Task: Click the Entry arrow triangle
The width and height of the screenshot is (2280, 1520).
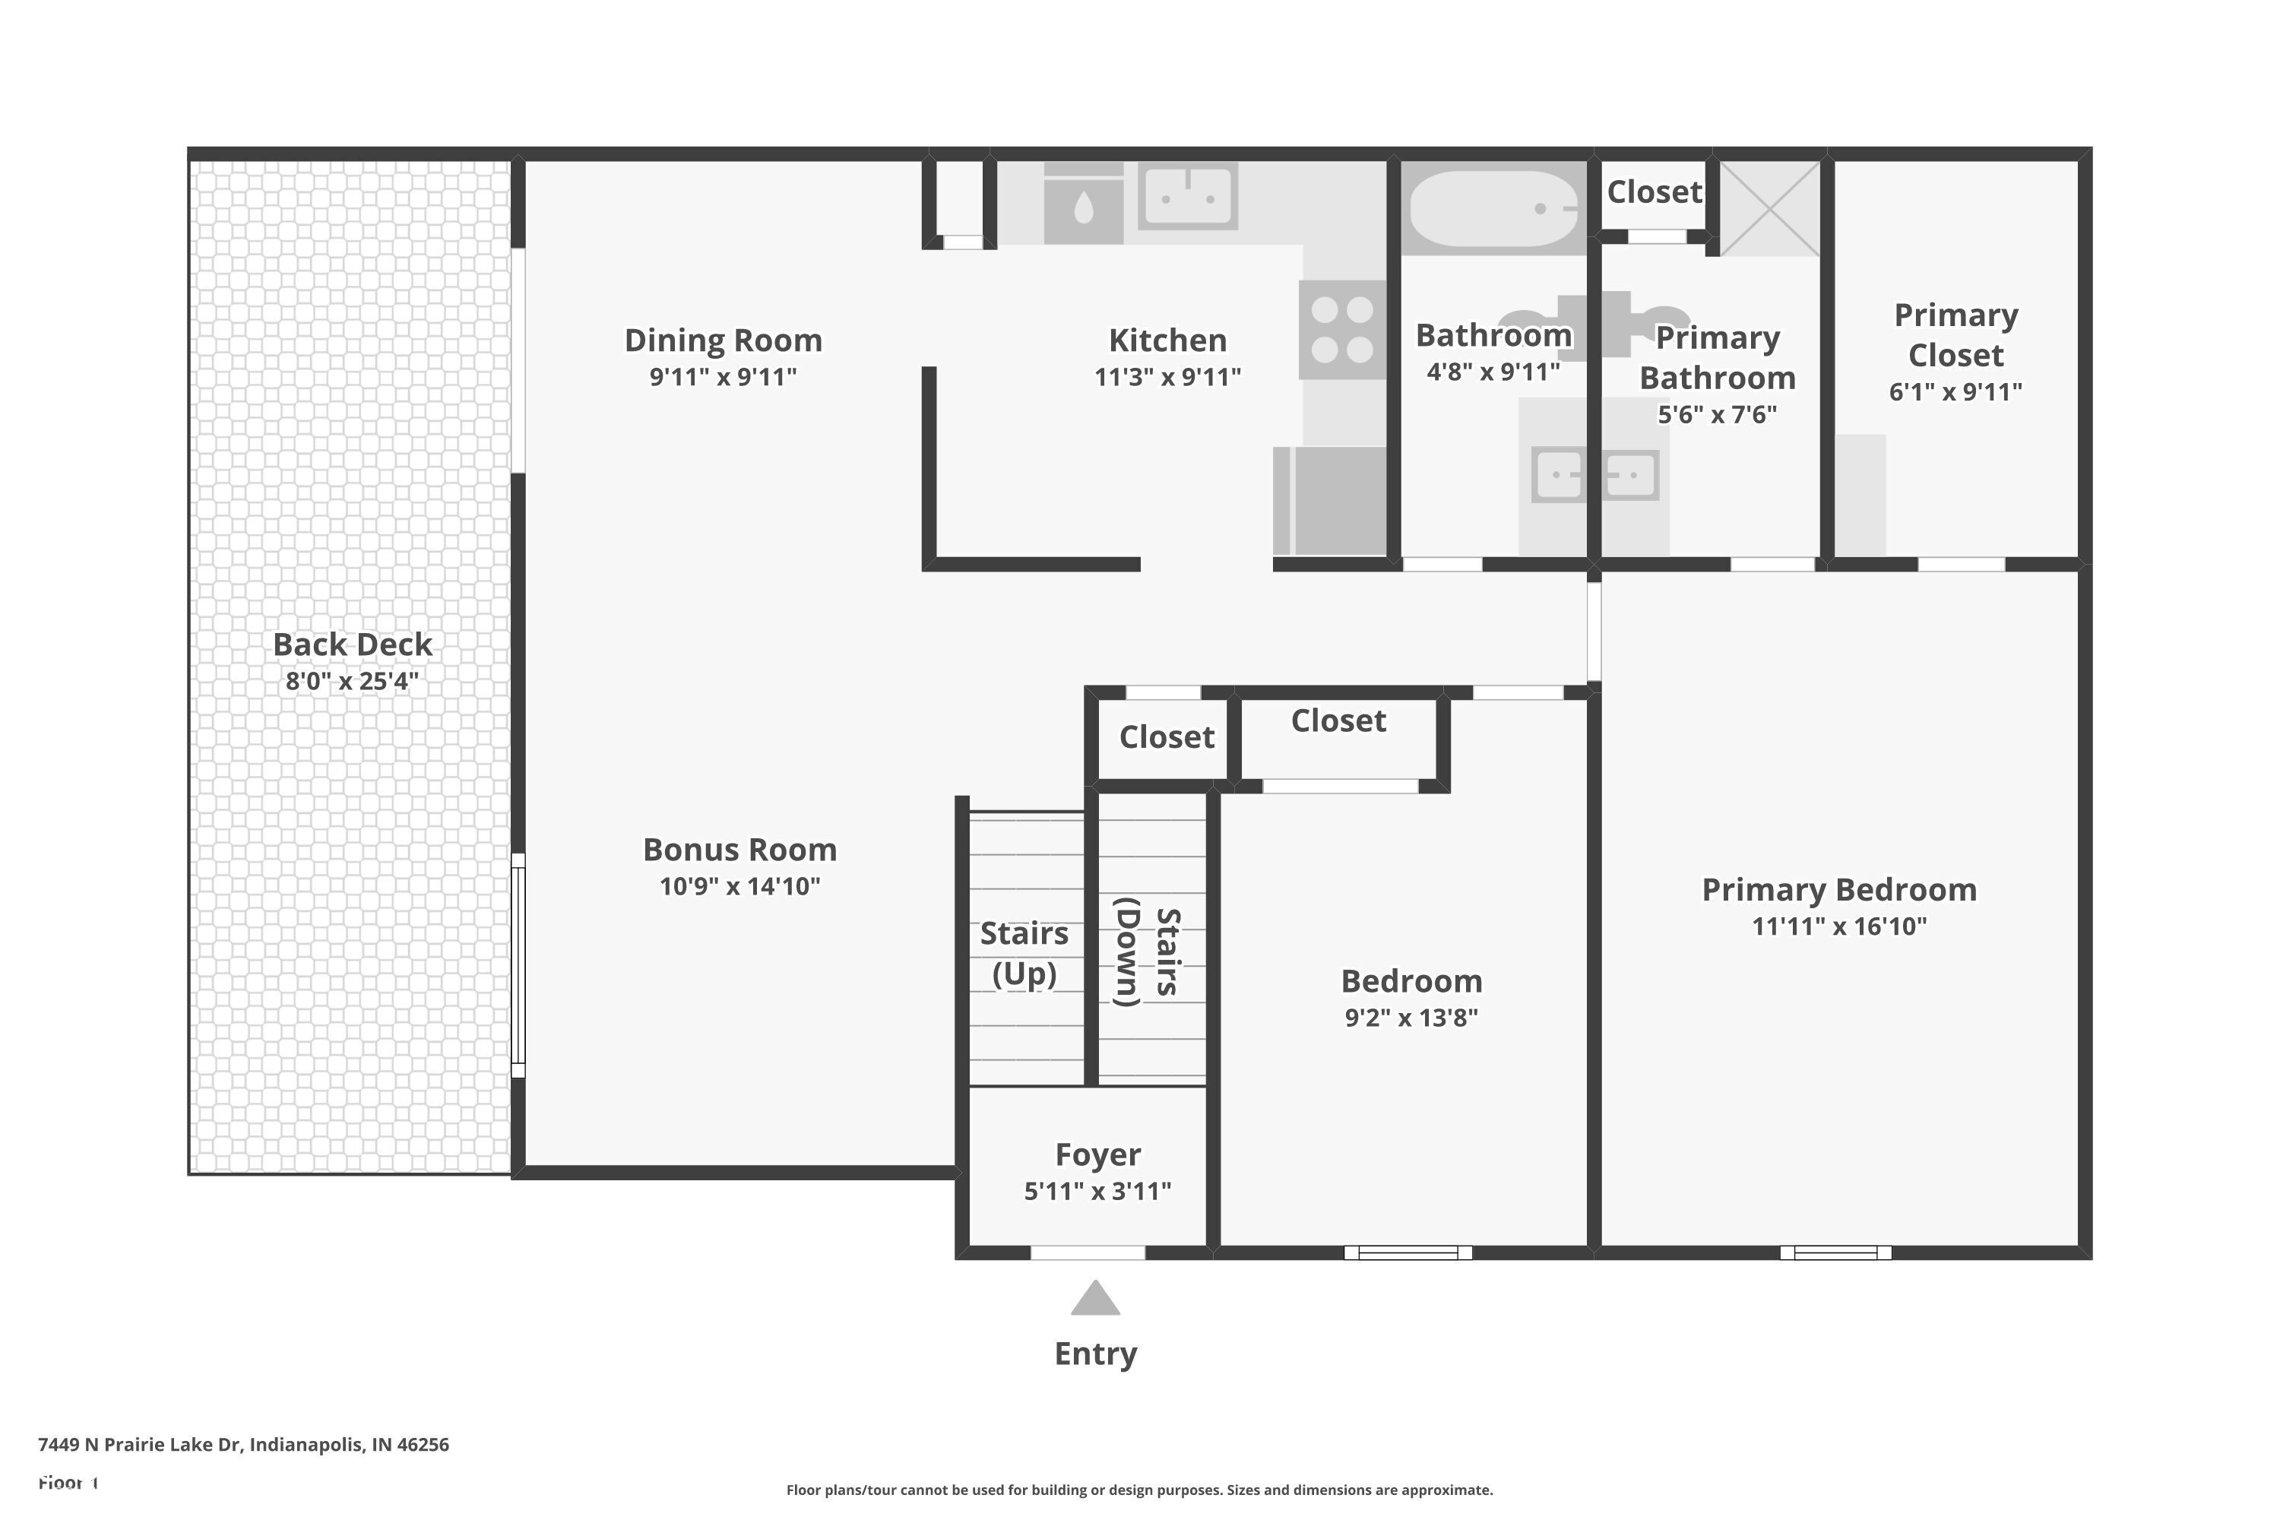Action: tap(1095, 1299)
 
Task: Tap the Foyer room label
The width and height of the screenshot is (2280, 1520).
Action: tap(1097, 1154)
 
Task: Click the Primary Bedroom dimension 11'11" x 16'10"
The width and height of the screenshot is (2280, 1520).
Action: tap(1839, 926)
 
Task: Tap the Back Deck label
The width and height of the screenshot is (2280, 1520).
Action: tap(352, 644)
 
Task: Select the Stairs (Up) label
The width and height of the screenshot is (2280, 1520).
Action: tap(1024, 953)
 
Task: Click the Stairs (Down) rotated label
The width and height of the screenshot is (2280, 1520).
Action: tap(1148, 952)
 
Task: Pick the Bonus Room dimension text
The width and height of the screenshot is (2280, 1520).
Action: tap(739, 886)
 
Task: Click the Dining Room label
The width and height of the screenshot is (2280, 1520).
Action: tap(724, 340)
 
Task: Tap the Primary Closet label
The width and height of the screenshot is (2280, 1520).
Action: tap(1955, 335)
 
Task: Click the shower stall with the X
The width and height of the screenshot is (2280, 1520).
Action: tap(1769, 207)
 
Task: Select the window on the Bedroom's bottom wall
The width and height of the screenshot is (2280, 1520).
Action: tap(1408, 1252)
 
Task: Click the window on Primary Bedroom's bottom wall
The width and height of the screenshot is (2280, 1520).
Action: tap(1835, 1252)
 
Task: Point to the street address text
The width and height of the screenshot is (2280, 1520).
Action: tap(243, 1445)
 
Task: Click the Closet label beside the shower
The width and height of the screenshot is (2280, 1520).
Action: tap(1654, 192)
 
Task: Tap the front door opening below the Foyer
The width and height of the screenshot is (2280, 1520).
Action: tap(1087, 1252)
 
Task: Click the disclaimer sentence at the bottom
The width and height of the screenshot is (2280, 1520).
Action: tap(1139, 1490)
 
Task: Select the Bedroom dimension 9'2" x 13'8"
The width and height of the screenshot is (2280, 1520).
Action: tap(1411, 1018)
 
